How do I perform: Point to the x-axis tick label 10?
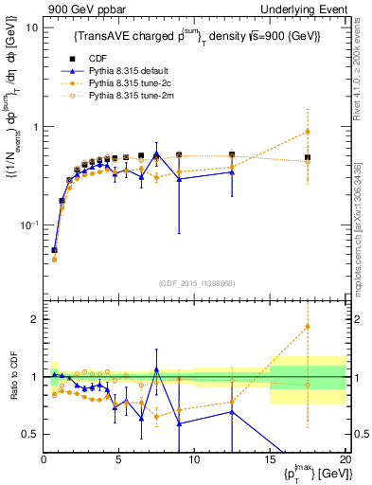pos(194,460)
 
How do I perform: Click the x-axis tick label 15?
pos(270,460)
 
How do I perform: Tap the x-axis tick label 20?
pos(345,460)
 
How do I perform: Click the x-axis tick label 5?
pos(119,460)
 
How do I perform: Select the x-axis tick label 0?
pos(44,460)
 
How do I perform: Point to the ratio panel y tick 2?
pos(33,319)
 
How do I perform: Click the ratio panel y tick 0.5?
pos(29,434)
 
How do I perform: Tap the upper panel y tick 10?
pos(31,27)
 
